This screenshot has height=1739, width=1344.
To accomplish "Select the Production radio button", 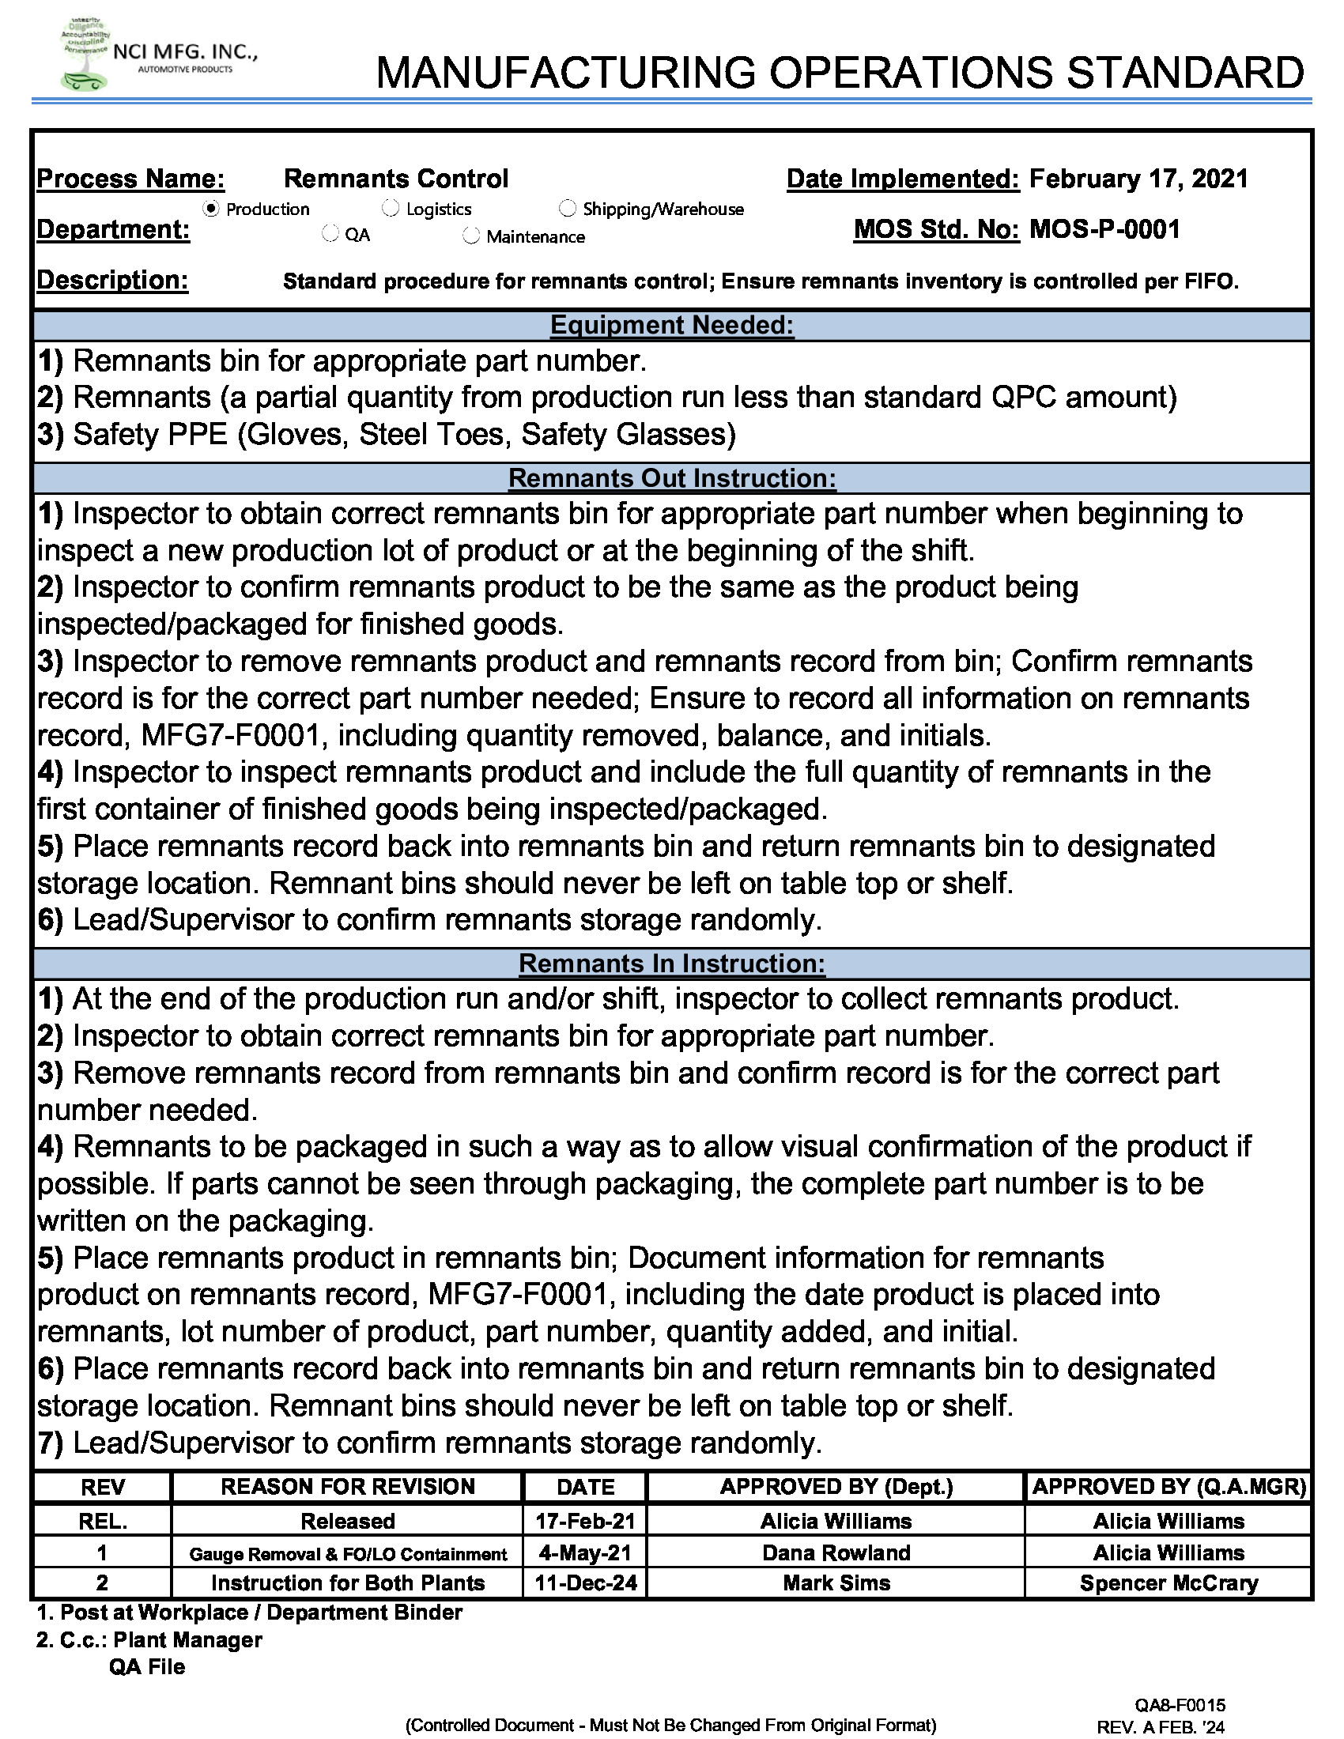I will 211,209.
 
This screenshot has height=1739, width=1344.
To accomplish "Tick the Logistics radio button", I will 390,209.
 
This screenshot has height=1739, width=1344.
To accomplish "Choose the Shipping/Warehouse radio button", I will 567,209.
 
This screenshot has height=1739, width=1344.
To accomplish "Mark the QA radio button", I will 330,235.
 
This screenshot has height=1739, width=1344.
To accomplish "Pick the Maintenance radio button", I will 471,236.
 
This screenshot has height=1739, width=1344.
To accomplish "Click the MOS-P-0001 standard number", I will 1104,230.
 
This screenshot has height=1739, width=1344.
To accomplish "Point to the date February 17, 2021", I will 1138,179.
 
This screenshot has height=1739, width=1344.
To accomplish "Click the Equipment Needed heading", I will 672,326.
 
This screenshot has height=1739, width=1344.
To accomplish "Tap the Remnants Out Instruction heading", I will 672,478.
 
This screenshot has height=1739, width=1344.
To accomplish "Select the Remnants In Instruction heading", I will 672,964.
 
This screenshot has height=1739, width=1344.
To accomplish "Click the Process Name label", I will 130,179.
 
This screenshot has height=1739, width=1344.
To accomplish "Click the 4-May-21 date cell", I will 585,1552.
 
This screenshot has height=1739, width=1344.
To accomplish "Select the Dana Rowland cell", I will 836,1552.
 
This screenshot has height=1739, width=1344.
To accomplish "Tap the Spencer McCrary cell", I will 1168,1583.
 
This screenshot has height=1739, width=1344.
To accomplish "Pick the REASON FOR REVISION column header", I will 347,1487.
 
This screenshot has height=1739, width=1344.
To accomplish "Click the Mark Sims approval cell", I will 836,1583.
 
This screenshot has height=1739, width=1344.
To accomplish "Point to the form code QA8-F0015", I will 1180,1705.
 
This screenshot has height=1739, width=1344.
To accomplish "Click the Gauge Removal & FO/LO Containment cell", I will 347,1553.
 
